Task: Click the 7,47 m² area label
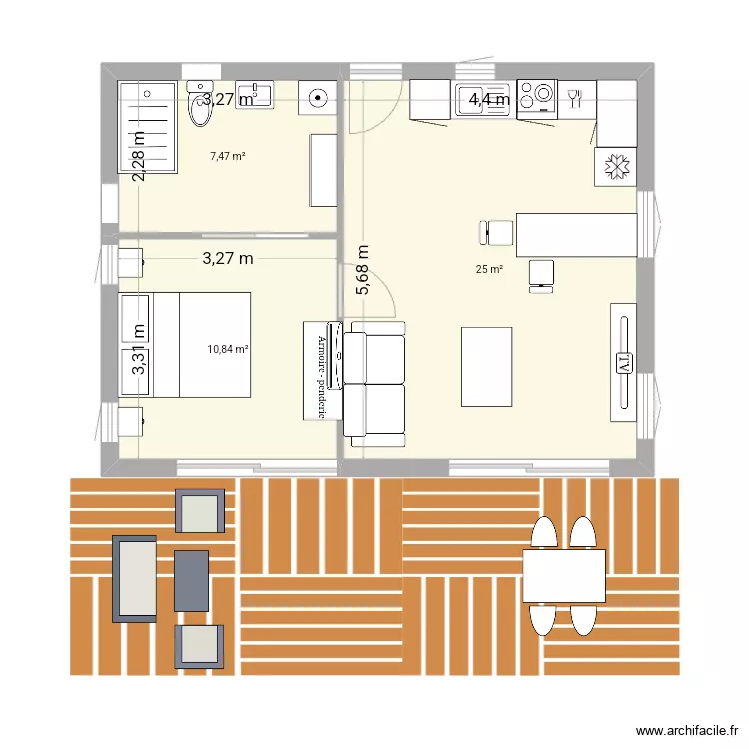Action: click(x=228, y=156)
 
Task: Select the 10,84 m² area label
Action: click(x=228, y=349)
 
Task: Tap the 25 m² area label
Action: click(x=489, y=269)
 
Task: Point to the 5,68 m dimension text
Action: click(x=363, y=271)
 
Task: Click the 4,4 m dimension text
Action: click(x=489, y=99)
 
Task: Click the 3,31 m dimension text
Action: click(x=139, y=353)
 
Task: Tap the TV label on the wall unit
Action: click(x=623, y=364)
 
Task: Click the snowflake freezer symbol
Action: click(x=615, y=167)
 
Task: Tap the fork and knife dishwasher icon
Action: click(x=574, y=97)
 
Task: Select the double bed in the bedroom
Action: click(x=185, y=345)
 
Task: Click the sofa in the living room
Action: click(x=374, y=384)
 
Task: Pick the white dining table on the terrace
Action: click(x=564, y=576)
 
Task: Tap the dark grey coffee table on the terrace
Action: click(x=191, y=580)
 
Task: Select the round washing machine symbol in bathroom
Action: click(x=319, y=98)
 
